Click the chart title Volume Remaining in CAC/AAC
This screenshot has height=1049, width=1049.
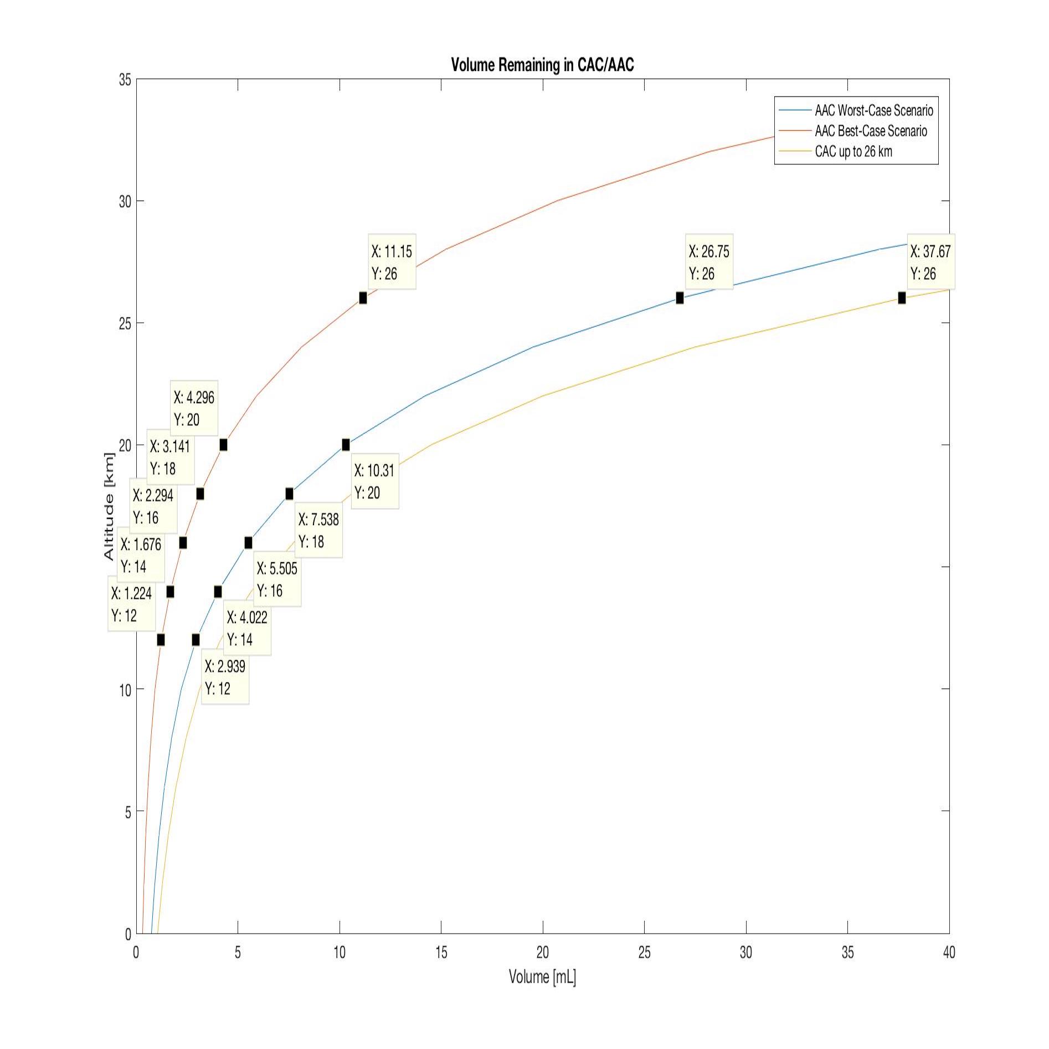point(542,65)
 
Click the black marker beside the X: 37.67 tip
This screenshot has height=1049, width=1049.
point(902,298)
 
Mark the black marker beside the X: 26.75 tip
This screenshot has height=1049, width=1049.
point(680,298)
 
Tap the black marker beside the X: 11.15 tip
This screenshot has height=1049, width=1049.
point(363,298)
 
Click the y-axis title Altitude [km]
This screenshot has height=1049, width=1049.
point(109,506)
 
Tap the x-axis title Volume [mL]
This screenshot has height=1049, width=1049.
point(542,976)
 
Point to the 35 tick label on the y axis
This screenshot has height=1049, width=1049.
point(125,80)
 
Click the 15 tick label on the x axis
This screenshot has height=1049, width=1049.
point(441,952)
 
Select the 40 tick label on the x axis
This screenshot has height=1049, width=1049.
point(949,952)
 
